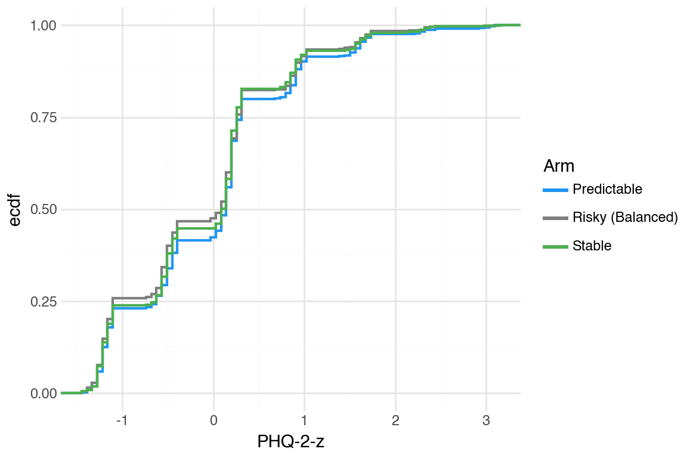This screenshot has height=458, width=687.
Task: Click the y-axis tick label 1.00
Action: coord(42,26)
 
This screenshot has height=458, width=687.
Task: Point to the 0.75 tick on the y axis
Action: coord(42,117)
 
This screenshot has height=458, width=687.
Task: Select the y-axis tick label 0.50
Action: coord(42,210)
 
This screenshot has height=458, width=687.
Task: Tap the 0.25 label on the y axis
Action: coord(42,302)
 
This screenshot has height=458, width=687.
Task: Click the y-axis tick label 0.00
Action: coord(42,394)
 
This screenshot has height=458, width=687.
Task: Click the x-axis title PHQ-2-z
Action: coord(290,442)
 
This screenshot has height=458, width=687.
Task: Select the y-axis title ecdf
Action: coord(16,209)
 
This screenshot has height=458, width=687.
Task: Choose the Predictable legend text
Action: coord(607,190)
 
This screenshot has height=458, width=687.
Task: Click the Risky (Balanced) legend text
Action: coord(625,218)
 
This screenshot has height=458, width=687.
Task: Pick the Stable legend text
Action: coord(592,246)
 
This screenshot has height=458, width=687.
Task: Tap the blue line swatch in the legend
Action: coord(555,190)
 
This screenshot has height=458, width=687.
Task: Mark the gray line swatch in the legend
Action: coord(555,218)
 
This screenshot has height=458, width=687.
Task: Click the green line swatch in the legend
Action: coord(555,246)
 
